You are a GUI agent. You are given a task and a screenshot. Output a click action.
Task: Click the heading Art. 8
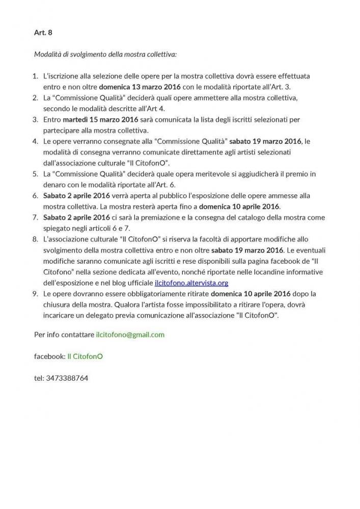[43, 33]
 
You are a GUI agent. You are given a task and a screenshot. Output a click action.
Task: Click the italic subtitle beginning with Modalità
[105, 54]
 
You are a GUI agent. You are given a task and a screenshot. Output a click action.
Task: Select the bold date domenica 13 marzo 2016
[140, 87]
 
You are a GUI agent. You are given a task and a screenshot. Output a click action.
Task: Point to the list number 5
[35, 174]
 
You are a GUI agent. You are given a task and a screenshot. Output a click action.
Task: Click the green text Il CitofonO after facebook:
[85, 356]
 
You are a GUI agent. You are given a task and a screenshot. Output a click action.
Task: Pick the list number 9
[35, 294]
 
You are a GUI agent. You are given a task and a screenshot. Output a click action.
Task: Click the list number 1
[35, 76]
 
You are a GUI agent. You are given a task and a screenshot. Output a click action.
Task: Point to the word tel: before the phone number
[39, 378]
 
